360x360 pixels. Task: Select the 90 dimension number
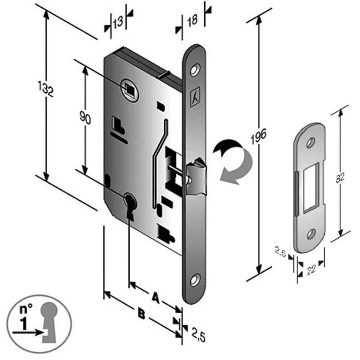85,117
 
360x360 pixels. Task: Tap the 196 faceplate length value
258,136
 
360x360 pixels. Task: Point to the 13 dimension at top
118,22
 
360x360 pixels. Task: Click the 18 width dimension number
193,21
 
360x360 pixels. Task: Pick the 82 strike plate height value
340,176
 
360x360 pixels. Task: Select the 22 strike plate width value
311,269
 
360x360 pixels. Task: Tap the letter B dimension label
142,314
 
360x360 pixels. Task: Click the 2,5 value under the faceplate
198,337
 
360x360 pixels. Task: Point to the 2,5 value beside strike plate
280,252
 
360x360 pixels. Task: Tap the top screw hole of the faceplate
195,70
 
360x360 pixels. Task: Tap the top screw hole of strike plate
310,143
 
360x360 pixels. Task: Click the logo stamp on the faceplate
195,97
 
